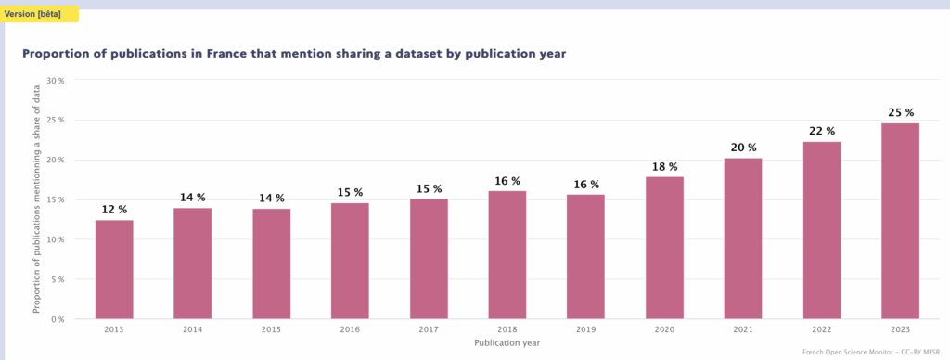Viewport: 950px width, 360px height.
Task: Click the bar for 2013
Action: click(x=114, y=269)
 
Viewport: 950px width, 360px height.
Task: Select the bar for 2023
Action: click(x=900, y=221)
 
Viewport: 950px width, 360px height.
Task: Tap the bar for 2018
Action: click(x=507, y=254)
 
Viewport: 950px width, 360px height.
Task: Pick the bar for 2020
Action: click(x=664, y=247)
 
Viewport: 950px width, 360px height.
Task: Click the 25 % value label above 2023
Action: click(x=900, y=113)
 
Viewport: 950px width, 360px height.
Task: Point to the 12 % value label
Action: click(x=114, y=210)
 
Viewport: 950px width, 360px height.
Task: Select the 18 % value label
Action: click(x=664, y=166)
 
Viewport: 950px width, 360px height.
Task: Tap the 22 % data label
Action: click(x=821, y=131)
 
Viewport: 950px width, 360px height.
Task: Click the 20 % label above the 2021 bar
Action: click(x=743, y=148)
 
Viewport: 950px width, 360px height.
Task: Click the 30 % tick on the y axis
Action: click(x=56, y=81)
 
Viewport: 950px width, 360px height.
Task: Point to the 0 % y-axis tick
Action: click(x=58, y=319)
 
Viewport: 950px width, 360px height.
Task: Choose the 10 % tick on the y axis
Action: click(x=56, y=239)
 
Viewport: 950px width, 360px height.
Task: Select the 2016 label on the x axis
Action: click(x=350, y=329)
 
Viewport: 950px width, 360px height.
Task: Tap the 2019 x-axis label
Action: click(x=585, y=329)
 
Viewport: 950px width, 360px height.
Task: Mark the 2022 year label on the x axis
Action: click(x=821, y=329)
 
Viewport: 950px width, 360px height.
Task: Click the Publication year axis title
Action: click(x=507, y=342)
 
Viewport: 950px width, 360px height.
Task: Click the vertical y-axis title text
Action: click(x=37, y=199)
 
